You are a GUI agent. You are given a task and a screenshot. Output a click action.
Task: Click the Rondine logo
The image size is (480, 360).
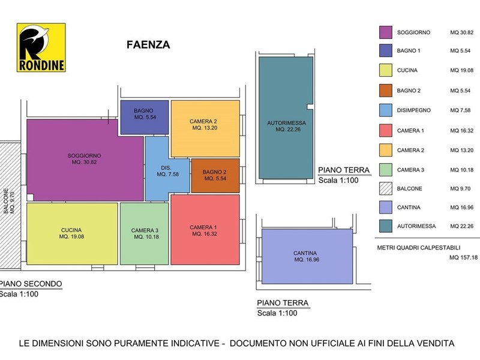click(x=41, y=47)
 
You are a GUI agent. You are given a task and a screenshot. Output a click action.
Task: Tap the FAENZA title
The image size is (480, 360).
click(x=148, y=44)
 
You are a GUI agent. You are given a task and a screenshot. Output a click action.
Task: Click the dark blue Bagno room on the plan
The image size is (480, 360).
click(x=145, y=117)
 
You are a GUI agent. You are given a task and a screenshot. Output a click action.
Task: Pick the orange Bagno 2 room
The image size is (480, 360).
click(x=215, y=175)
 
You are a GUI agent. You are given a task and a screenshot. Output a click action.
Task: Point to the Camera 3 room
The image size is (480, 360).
click(x=144, y=233)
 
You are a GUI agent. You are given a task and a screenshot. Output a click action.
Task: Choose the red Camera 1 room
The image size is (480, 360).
click(x=205, y=230)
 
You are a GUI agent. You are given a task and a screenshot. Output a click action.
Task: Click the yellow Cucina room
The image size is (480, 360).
click(x=72, y=233)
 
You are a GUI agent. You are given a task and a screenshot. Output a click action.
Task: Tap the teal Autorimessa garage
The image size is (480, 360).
click(x=286, y=118)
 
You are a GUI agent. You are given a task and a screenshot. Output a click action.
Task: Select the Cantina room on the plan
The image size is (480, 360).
click(x=307, y=257)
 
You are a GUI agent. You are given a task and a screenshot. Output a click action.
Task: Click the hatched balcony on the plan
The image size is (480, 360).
click(x=10, y=205)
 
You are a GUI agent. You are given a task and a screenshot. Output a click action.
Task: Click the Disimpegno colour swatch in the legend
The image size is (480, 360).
click(x=386, y=110)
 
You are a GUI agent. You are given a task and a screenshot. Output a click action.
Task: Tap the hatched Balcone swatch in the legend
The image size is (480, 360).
click(x=386, y=188)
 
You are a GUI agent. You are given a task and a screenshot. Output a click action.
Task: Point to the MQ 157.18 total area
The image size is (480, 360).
click(x=463, y=258)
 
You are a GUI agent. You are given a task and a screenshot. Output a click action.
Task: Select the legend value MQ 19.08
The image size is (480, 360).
click(x=461, y=70)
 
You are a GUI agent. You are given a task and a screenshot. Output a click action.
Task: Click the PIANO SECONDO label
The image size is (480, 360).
click(x=31, y=284)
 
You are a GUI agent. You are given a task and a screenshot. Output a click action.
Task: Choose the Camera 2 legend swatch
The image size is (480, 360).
click(x=386, y=150)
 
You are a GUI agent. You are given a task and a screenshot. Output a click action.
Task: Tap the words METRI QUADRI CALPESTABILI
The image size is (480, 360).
click(x=419, y=248)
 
